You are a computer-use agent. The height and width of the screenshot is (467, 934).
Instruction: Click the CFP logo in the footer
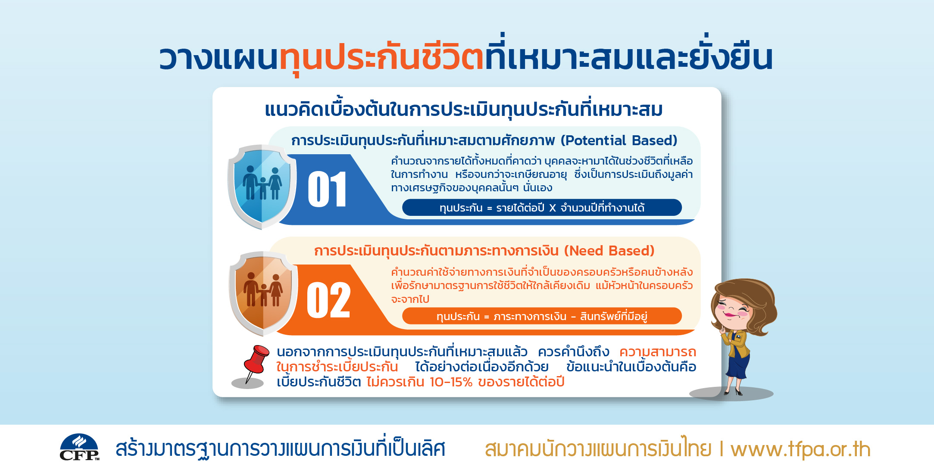pos(79,447)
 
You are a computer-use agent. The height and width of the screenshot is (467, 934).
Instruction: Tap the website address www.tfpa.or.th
pos(800,449)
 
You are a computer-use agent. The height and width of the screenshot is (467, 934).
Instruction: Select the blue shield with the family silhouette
pos(262,187)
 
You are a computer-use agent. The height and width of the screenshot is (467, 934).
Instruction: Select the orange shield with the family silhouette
pos(263,293)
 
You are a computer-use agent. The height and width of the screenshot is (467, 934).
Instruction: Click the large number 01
pos(327,189)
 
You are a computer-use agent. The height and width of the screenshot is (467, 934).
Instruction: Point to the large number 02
pos(328,300)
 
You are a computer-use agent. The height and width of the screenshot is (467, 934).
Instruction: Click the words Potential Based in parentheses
pos(619,140)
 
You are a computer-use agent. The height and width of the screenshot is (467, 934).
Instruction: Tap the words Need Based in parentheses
pos(609,251)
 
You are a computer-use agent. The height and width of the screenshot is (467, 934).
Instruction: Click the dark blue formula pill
pos(542,207)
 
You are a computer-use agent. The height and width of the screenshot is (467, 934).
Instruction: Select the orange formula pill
pos(542,316)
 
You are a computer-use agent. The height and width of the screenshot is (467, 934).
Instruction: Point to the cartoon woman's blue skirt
pos(738,366)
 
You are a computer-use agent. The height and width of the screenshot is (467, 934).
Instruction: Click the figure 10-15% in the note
pos(451,382)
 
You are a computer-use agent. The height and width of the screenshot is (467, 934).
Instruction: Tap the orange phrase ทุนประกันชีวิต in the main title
pos(382,58)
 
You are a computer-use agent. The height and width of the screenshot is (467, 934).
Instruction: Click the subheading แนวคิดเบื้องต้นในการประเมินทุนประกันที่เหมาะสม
pos(464,109)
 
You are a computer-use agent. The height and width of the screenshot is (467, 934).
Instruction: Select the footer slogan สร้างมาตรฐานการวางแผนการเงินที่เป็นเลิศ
pos(280,448)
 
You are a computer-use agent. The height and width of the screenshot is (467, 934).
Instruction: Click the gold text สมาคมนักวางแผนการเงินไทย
pos(598,448)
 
